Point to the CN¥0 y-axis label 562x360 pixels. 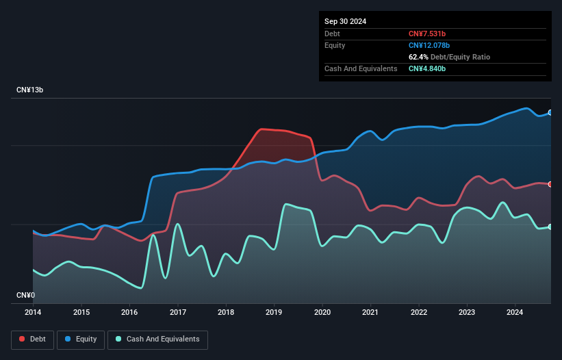point(25,296)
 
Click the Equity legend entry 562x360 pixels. point(81,339)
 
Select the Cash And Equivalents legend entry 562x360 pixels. point(157,339)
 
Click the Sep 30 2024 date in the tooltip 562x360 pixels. point(345,21)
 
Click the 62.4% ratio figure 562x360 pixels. point(419,57)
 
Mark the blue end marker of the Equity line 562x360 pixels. point(550,113)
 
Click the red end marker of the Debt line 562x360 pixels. point(550,184)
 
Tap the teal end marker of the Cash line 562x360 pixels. point(550,227)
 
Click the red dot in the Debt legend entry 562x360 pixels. point(23,339)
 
